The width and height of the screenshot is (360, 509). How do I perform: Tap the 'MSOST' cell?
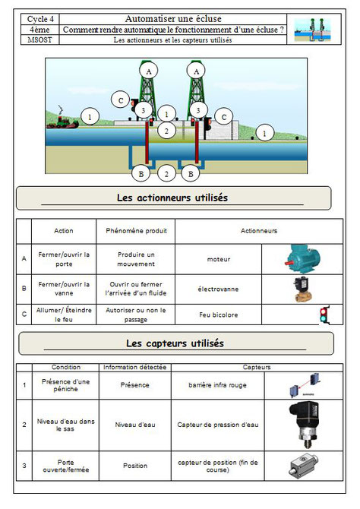click(x=38, y=40)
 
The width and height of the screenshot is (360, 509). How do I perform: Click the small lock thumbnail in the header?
click(x=314, y=29)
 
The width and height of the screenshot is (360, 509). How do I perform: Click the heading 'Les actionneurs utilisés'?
click(x=172, y=198)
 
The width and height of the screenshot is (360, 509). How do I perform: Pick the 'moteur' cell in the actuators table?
click(x=218, y=259)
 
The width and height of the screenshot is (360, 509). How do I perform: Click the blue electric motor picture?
click(x=301, y=258)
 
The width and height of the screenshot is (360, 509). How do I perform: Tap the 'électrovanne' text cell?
click(x=218, y=289)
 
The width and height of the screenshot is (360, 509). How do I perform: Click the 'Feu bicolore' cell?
click(x=218, y=314)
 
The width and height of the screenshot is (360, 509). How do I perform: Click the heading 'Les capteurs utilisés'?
click(x=175, y=343)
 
